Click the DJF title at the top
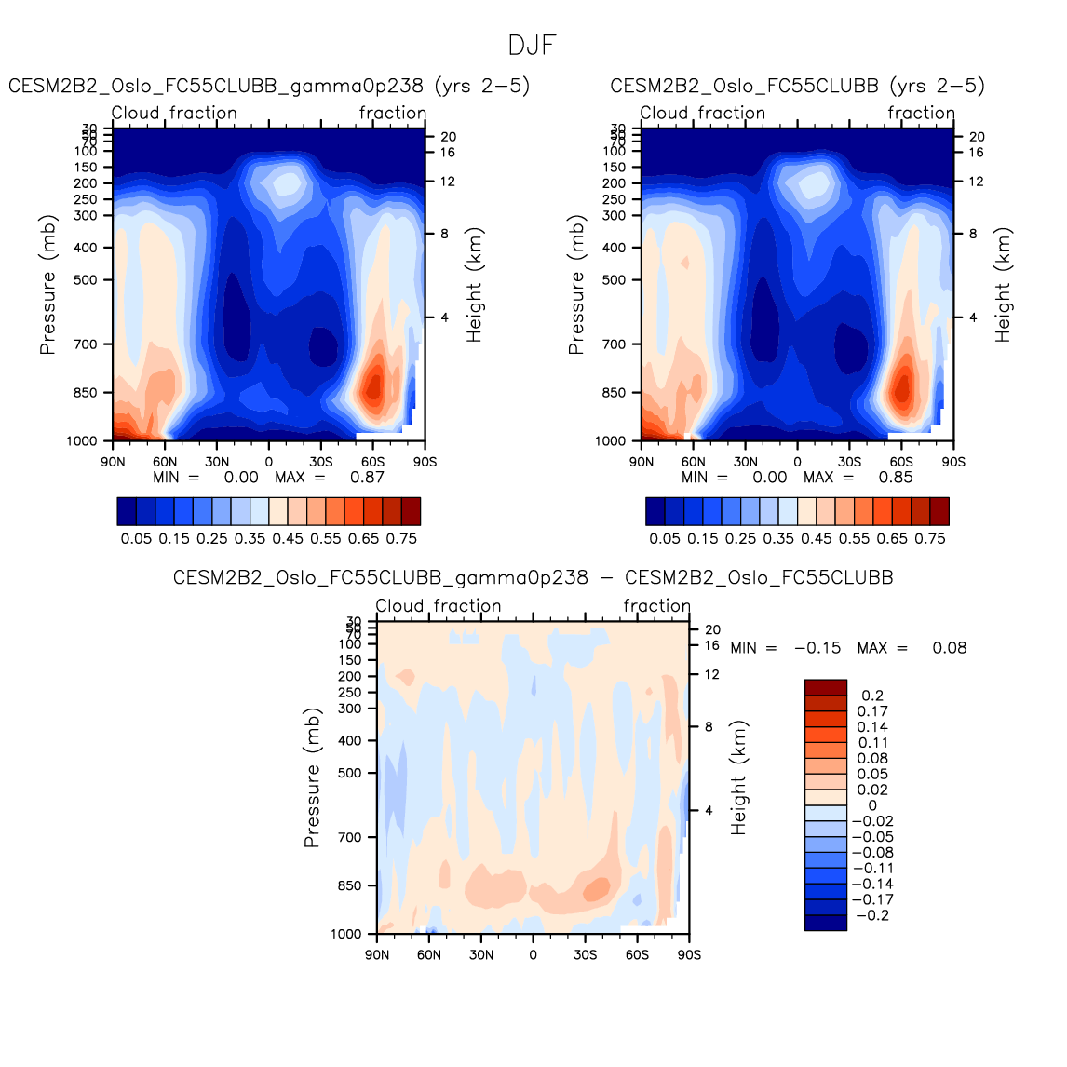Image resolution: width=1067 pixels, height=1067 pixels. pos(533,46)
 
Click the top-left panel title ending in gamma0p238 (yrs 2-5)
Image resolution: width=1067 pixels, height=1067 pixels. pos(269,86)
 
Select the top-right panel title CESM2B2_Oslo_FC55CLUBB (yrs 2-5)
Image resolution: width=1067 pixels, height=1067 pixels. pos(797,86)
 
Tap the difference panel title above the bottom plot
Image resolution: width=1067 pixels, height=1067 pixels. pos(533,577)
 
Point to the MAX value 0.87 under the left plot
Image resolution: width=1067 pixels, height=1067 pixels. pos(367,478)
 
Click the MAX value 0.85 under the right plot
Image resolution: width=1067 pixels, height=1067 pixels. pos(896,478)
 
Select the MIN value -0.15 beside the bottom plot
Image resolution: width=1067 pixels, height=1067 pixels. pos(817,648)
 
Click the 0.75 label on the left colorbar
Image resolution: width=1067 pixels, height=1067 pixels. pos(401,538)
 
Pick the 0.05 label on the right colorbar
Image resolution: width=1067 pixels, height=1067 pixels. pos(665,538)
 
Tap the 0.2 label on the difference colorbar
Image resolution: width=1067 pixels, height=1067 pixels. pos(872,696)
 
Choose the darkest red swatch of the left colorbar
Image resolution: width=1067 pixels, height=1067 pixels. pos(411,511)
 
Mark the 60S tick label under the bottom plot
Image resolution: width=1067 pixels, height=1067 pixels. pos(637,955)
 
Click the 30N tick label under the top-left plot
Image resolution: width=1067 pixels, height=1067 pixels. pos(217,462)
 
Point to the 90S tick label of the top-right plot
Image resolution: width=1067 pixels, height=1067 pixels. pos(952,462)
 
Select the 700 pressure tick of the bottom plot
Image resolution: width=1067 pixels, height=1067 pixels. pos(350,837)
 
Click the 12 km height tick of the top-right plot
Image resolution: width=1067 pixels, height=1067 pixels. pos(976,182)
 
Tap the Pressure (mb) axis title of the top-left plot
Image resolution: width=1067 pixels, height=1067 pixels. pos(48,286)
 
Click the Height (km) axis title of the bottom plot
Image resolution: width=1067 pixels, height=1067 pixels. pos(739,778)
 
